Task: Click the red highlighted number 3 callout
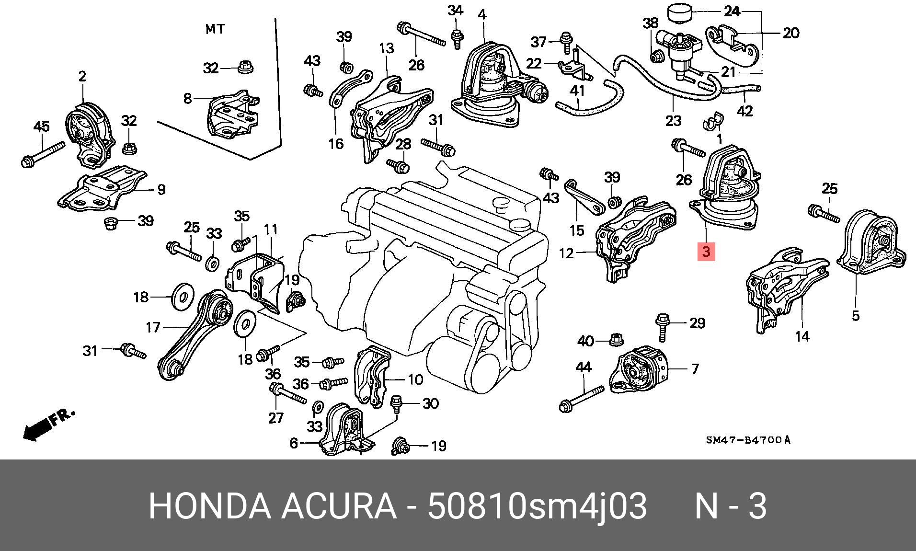(706, 251)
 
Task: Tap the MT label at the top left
(215, 29)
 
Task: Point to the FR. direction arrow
(48, 424)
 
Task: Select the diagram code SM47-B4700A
(748, 440)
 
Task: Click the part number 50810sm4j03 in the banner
(537, 506)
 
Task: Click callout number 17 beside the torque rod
(153, 328)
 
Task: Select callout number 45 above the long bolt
(42, 127)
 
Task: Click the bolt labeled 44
(582, 399)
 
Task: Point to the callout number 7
(695, 369)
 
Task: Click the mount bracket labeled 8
(232, 115)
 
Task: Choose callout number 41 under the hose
(577, 91)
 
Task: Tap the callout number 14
(802, 337)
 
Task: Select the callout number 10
(415, 380)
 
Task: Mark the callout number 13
(386, 48)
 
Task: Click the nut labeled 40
(615, 340)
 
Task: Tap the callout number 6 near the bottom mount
(294, 443)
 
